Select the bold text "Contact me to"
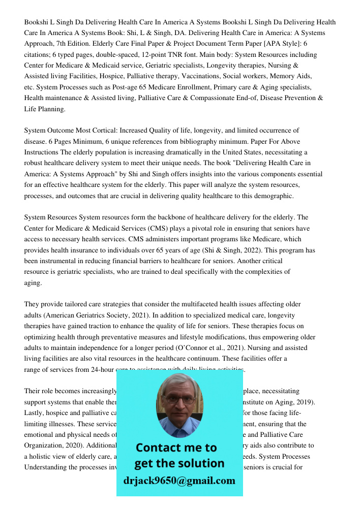coord(176,448)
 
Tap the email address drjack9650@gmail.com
coord(179,481)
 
